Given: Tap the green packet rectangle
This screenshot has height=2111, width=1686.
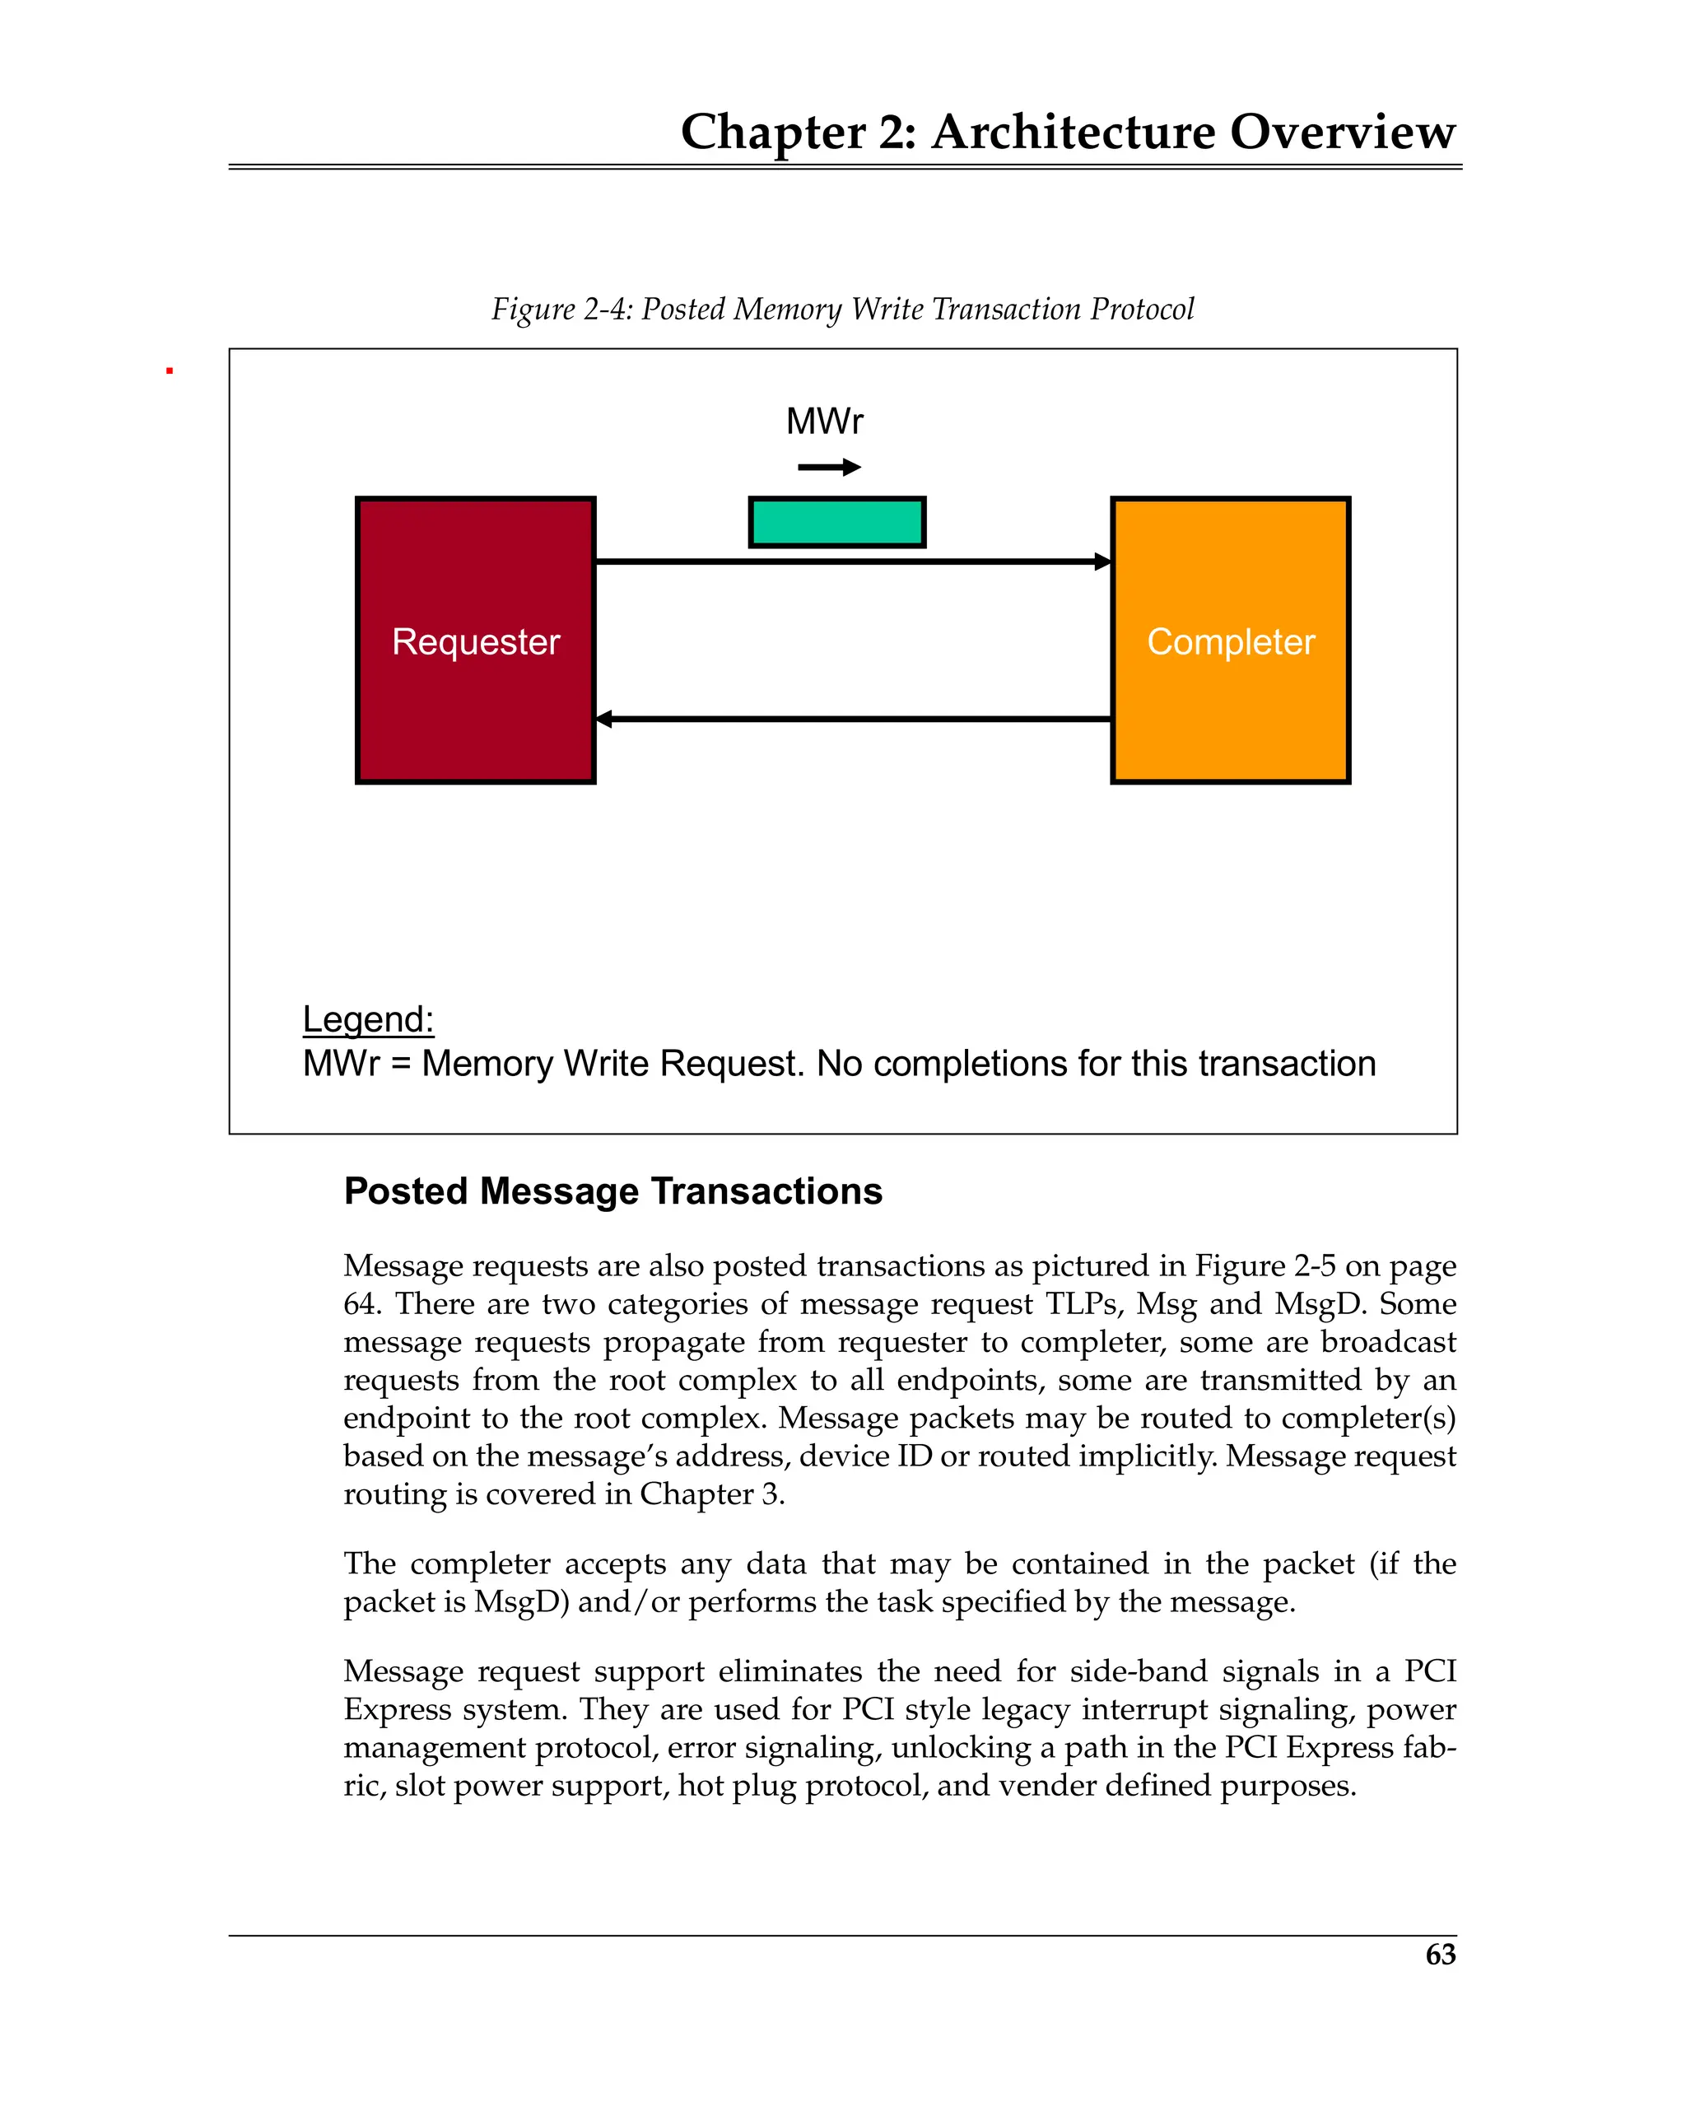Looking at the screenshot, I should (836, 522).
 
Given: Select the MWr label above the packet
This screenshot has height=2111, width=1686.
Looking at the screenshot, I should (824, 421).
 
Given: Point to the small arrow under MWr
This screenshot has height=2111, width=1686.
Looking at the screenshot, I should (828, 467).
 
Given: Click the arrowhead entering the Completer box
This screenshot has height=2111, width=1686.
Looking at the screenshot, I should (1102, 561).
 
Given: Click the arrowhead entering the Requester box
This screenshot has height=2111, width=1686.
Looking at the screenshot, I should (604, 719).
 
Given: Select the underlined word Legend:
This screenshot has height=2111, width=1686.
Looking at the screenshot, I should (368, 1019).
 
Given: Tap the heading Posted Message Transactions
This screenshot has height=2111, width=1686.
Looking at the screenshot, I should (613, 1191).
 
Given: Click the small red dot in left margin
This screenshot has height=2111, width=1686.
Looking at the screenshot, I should (170, 371).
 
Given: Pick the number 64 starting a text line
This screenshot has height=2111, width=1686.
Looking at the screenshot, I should (361, 1304).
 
